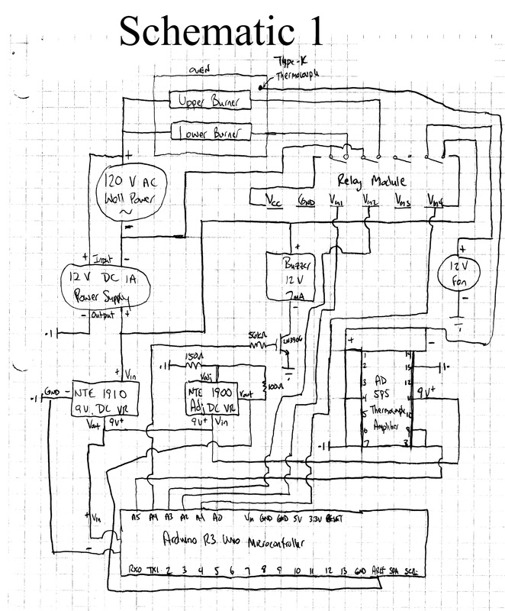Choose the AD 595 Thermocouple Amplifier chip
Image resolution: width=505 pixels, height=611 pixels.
coord(379,397)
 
